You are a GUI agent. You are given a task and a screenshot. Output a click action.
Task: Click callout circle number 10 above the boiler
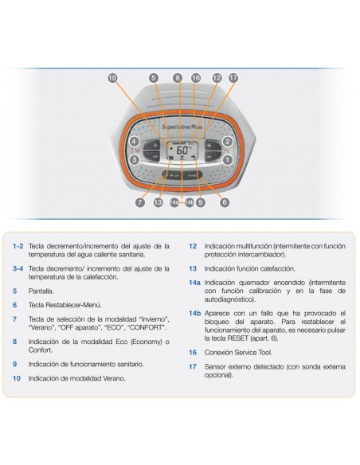(112, 78)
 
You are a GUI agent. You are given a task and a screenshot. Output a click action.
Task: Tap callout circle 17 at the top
(233, 78)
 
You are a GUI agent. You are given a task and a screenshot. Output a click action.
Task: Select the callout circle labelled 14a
(174, 202)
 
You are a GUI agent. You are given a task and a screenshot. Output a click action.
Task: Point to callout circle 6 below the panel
(225, 202)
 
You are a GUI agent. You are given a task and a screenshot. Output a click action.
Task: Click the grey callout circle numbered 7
(140, 202)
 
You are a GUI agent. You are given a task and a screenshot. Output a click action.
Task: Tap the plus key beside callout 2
(209, 146)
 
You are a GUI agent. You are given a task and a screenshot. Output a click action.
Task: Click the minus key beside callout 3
(155, 156)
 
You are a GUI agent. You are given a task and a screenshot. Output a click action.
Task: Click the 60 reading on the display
(182, 150)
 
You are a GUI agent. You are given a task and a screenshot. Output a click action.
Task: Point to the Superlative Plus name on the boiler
(182, 127)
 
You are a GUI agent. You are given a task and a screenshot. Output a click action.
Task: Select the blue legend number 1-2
(18, 246)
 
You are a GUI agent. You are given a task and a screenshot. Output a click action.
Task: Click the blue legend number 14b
(195, 313)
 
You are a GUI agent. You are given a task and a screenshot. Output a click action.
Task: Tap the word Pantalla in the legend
(41, 291)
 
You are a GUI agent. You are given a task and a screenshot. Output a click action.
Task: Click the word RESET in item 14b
(237, 338)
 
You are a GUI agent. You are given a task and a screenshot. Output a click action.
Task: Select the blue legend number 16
(193, 352)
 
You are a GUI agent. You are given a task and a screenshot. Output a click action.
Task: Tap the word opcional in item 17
(219, 375)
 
